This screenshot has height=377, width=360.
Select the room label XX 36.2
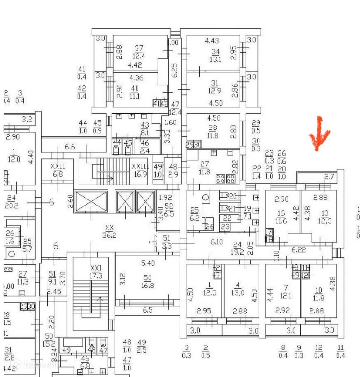109,231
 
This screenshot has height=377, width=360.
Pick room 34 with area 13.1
215,55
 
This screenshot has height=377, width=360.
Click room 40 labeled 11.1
135,92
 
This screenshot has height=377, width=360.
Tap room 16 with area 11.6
281,217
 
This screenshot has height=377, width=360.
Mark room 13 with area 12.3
324,217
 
